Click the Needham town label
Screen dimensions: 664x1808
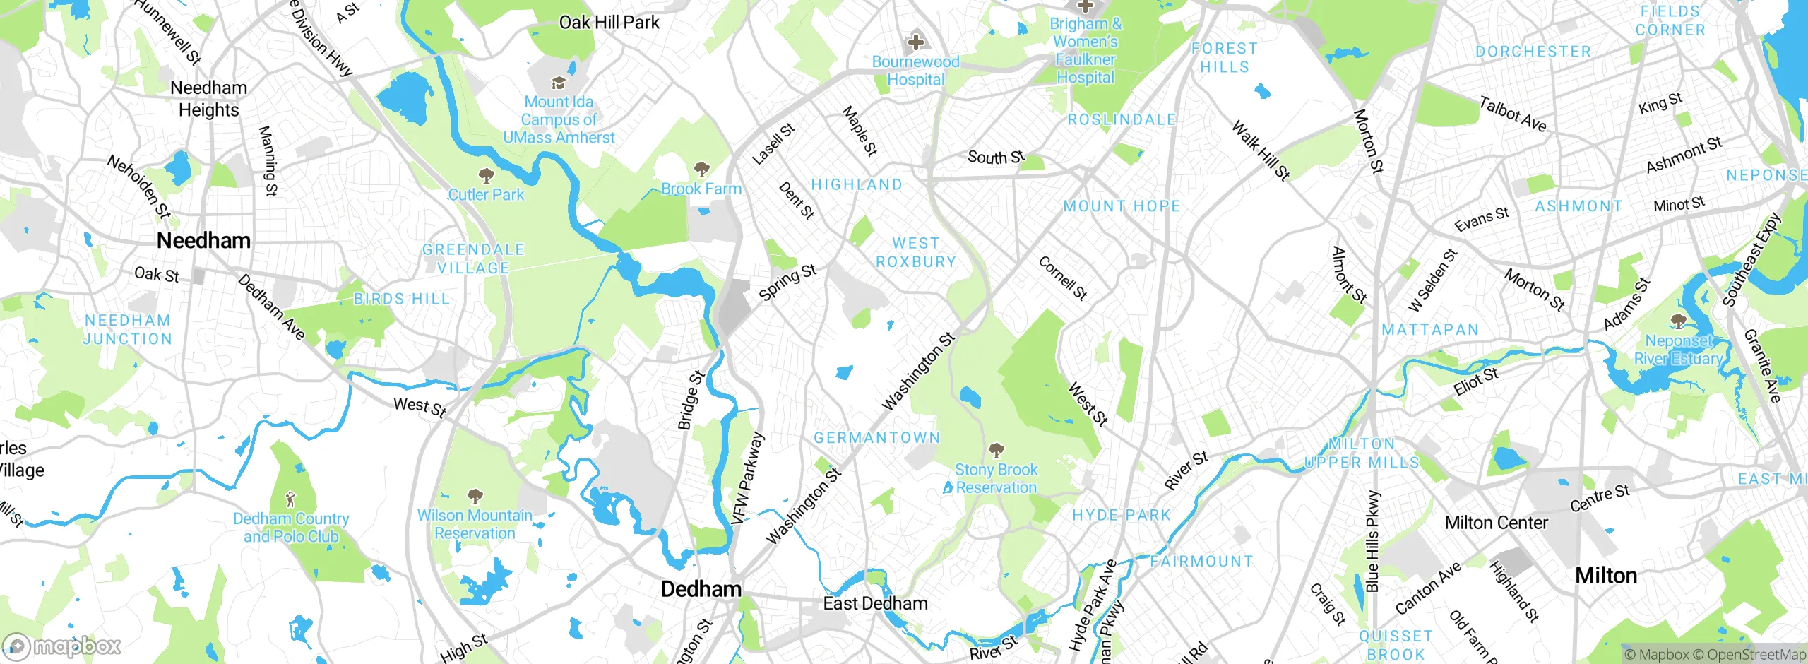203,240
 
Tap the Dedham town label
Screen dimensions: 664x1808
701,589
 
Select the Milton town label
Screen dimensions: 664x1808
1605,576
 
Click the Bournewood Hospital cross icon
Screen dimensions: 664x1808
915,42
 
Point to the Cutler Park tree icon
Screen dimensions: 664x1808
486,175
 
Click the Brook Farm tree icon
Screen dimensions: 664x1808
701,170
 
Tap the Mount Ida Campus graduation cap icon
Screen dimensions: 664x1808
559,83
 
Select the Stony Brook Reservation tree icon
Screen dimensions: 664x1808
996,450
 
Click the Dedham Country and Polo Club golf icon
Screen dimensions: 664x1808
290,500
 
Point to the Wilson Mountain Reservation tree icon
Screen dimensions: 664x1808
475,496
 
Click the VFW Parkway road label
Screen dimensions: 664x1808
747,478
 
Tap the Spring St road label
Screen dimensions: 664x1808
787,282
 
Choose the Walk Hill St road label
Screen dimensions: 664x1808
1261,150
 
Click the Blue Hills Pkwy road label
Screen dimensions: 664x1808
1372,540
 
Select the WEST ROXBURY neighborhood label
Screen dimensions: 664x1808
915,252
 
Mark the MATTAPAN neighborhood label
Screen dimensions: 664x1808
1429,330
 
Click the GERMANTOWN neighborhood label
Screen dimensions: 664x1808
876,438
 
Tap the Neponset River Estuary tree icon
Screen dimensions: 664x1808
1679,322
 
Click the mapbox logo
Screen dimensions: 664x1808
62,646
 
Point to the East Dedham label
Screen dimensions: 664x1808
875,603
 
